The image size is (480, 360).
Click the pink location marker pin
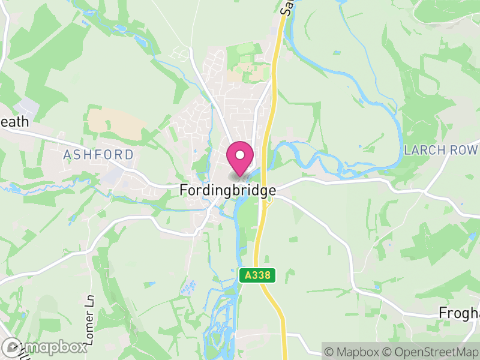[x=240, y=158]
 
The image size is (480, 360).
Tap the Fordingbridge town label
[x=228, y=190]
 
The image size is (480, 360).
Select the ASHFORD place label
[x=98, y=155]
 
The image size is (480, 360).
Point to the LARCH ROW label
[x=441, y=150]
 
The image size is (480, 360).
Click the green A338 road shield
[x=258, y=276]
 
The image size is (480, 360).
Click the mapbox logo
[x=45, y=347]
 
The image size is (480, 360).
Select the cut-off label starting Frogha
[x=459, y=313]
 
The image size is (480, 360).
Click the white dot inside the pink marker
[x=240, y=155]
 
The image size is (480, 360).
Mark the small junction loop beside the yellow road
[x=269, y=201]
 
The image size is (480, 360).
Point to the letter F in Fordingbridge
[x=184, y=190]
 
